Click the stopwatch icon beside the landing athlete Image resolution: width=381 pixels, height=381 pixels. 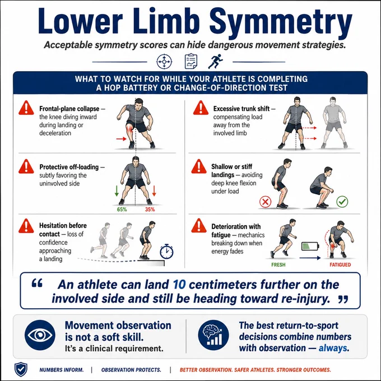tap(167, 252)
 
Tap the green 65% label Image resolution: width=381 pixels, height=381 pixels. tap(122, 210)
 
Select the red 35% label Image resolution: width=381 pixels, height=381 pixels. tap(150, 210)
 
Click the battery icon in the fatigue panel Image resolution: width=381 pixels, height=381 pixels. tap(310, 246)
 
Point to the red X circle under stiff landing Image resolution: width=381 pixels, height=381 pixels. tap(266, 202)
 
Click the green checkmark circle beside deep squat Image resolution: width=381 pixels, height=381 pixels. tap(342, 202)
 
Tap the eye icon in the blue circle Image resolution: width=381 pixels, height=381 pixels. tap(40, 335)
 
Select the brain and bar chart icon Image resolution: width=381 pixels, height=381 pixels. tap(213, 335)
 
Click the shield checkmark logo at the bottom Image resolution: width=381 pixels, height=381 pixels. tap(21, 370)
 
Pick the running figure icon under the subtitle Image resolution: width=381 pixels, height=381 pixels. tap(215, 61)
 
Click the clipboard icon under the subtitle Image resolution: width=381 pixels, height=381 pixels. tap(191, 61)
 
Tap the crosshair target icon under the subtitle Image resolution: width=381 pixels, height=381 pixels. tap(164, 62)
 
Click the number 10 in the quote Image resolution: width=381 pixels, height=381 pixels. tap(179, 285)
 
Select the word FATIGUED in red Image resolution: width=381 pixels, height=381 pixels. tap(340, 265)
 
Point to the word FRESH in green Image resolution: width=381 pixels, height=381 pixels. tap(278, 265)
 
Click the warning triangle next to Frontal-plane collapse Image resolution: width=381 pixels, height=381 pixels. tap(26, 108)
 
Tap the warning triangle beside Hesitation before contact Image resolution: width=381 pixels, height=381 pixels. tap(26, 226)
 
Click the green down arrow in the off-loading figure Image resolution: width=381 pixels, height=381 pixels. tap(117, 191)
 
